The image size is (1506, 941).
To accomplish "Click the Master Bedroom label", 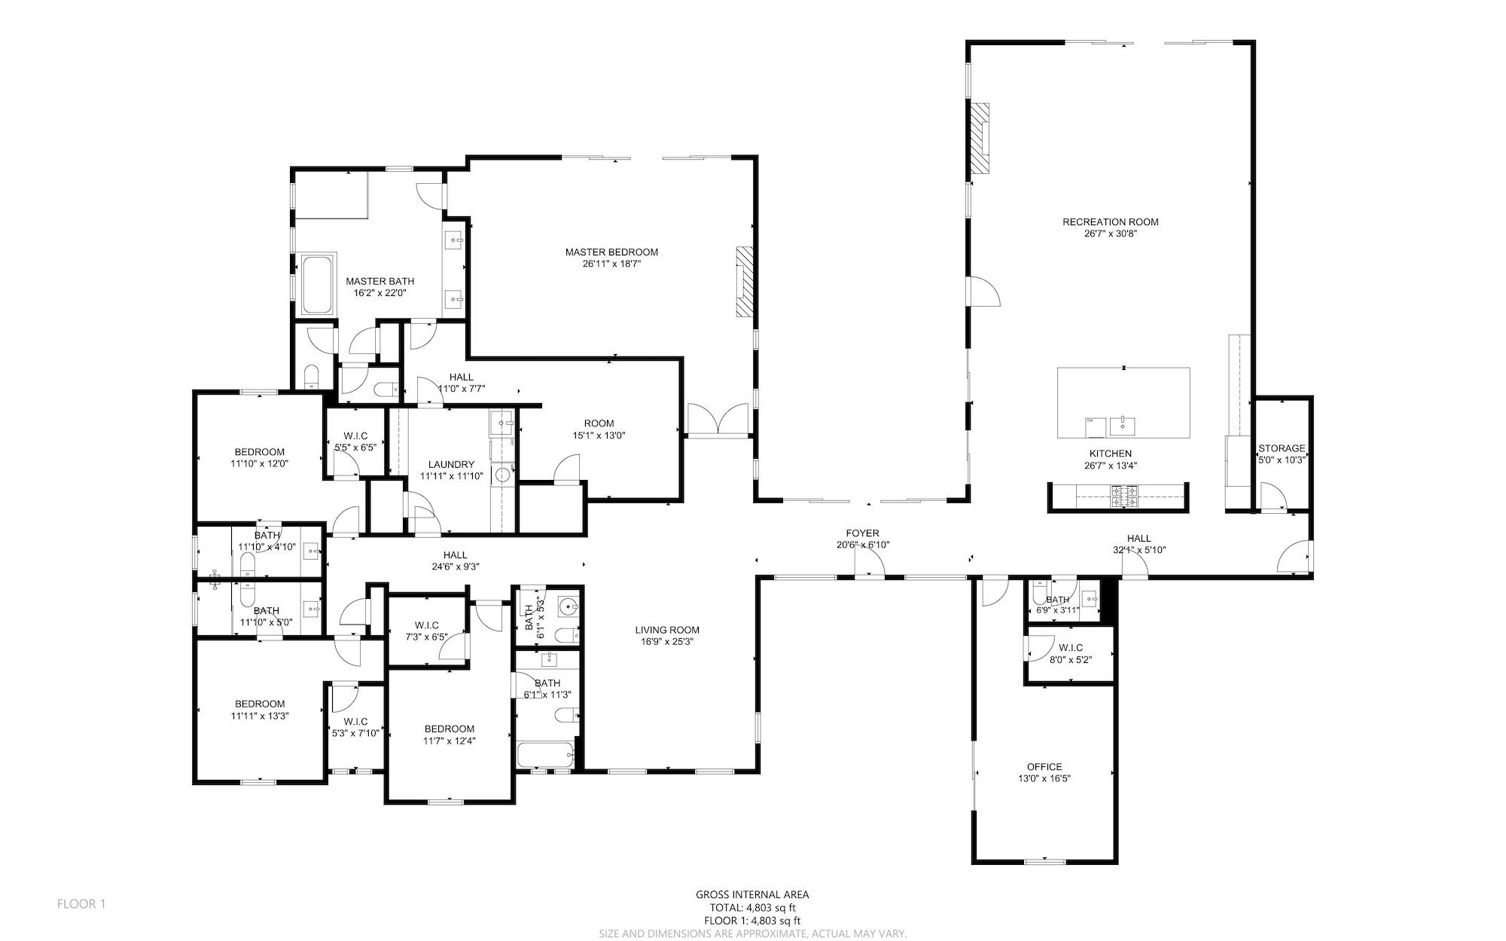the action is click(611, 252).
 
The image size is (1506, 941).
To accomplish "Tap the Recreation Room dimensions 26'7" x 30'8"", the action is click(1110, 234).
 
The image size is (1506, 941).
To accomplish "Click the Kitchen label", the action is click(1111, 454).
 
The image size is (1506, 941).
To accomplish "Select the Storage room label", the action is click(1282, 448).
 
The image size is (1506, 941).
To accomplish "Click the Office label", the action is click(1044, 767).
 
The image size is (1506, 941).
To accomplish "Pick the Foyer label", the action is click(862, 533).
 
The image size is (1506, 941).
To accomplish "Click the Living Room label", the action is click(667, 630).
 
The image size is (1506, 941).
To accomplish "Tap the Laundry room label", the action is click(451, 464).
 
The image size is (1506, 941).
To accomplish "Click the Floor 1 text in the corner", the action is click(81, 903).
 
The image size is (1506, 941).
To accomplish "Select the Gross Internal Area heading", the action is click(752, 895).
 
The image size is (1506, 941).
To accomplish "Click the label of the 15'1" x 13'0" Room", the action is click(599, 423).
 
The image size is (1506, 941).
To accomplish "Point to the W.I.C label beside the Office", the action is click(1070, 648).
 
